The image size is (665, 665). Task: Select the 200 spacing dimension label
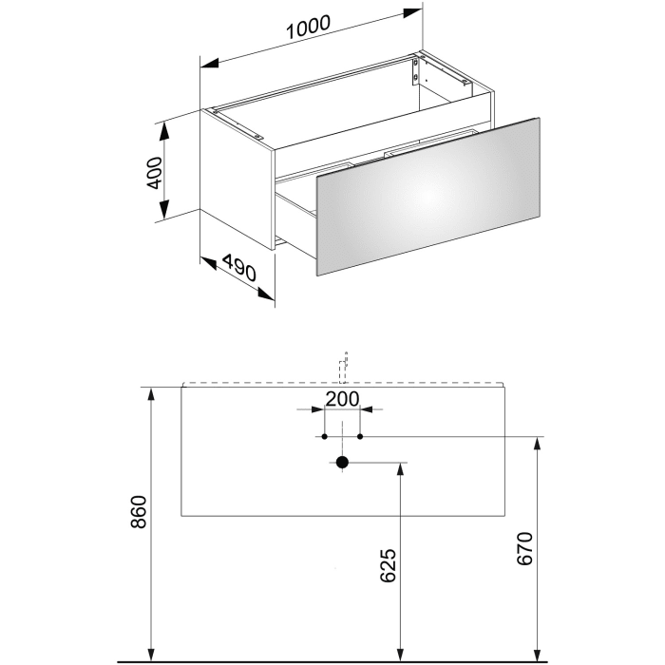tap(341, 399)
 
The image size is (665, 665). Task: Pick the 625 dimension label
tap(388, 565)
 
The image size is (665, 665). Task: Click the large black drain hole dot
tap(343, 464)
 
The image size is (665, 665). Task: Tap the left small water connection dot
tap(325, 437)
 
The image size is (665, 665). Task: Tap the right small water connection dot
tap(360, 437)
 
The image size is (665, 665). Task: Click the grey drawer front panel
tap(427, 197)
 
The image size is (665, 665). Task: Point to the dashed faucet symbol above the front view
tap(346, 366)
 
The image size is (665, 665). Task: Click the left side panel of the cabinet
tap(237, 180)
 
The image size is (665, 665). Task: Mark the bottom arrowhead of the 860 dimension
tap(152, 652)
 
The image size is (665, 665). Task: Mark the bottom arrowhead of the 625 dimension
tap(402, 652)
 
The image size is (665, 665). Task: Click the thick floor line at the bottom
tap(332, 658)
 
